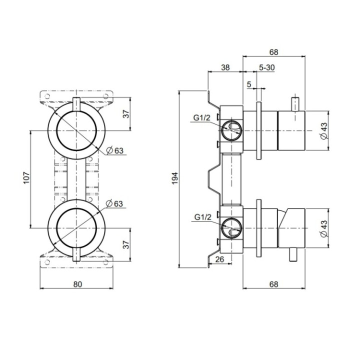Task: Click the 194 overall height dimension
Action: (174, 179)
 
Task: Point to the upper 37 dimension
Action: (126, 113)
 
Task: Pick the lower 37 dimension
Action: (126, 244)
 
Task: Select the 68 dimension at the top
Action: (273, 51)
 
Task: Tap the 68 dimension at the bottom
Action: (273, 284)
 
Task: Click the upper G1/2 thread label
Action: (202, 118)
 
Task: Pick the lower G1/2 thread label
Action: (202, 217)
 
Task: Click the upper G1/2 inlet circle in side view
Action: (231, 130)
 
